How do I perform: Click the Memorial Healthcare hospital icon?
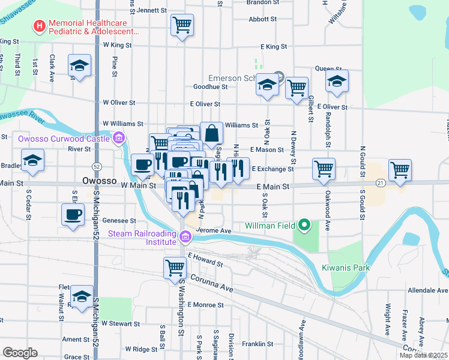pos(40,26)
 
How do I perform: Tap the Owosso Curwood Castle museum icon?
pos(119,139)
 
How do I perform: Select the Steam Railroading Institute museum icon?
pos(185,238)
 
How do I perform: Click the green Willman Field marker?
pos(304,226)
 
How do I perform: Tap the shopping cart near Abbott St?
pos(182,25)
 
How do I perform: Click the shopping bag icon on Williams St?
pos(212,133)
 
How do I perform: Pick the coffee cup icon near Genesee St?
pos(73,214)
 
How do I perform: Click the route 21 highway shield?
pos(380,182)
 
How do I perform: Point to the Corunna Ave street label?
pos(212,283)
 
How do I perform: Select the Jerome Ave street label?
pos(214,230)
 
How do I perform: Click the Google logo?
pos(20,353)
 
